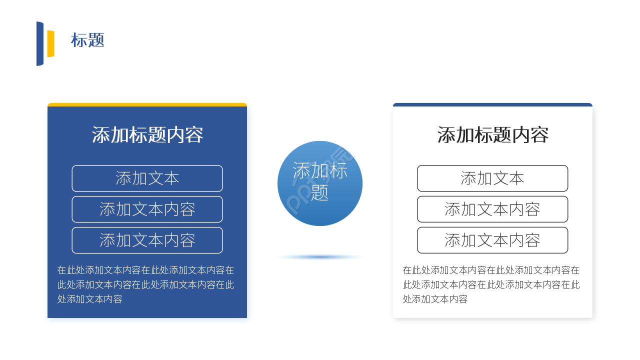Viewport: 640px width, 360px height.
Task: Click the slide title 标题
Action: [87, 40]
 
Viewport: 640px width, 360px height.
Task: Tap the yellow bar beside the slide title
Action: [50, 43]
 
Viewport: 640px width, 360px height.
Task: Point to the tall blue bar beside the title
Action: [40, 43]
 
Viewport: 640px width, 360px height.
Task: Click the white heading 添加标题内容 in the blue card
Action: [147, 135]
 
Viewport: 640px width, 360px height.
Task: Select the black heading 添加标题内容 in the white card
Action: [493, 135]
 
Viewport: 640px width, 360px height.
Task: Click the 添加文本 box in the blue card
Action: [147, 178]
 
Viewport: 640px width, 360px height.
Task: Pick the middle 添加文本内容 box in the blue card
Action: [147, 209]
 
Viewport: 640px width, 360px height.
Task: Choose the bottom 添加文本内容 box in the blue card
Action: [147, 240]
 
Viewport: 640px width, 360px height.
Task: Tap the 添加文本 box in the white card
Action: [492, 178]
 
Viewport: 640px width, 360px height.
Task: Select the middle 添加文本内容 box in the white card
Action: [492, 209]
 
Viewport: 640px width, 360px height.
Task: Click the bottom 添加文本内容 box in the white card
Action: [492, 240]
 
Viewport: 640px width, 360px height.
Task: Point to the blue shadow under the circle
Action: [320, 257]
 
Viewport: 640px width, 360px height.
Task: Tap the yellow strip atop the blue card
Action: [147, 105]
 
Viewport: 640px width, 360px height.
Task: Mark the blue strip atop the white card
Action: [492, 105]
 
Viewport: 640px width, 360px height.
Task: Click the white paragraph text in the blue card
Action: [145, 284]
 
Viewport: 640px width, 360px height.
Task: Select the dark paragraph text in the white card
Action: [491, 284]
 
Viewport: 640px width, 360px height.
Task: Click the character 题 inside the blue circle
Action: [320, 192]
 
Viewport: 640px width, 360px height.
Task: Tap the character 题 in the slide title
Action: [96, 40]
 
